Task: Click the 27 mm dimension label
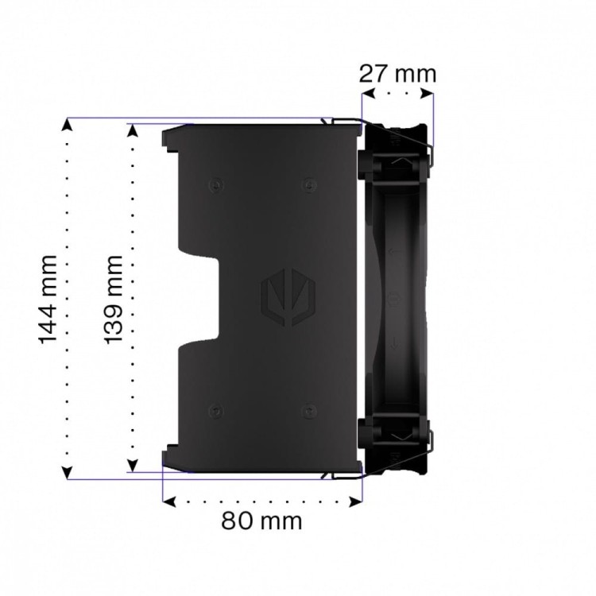[397, 74]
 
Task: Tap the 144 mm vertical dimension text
[49, 299]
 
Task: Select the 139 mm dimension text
[114, 299]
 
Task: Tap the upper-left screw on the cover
[213, 185]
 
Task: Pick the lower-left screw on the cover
[213, 411]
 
